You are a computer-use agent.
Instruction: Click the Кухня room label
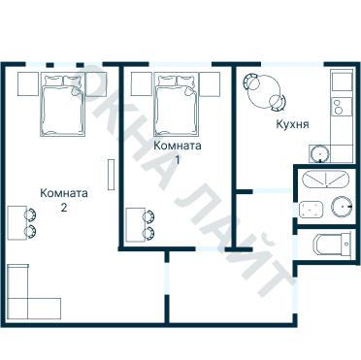click(x=292, y=125)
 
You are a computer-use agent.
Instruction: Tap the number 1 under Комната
click(x=178, y=159)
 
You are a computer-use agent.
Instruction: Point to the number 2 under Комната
click(x=63, y=208)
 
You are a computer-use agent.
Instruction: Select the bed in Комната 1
click(x=177, y=107)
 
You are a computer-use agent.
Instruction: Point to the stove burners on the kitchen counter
click(x=339, y=106)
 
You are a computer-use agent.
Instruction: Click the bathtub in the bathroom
click(x=324, y=180)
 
